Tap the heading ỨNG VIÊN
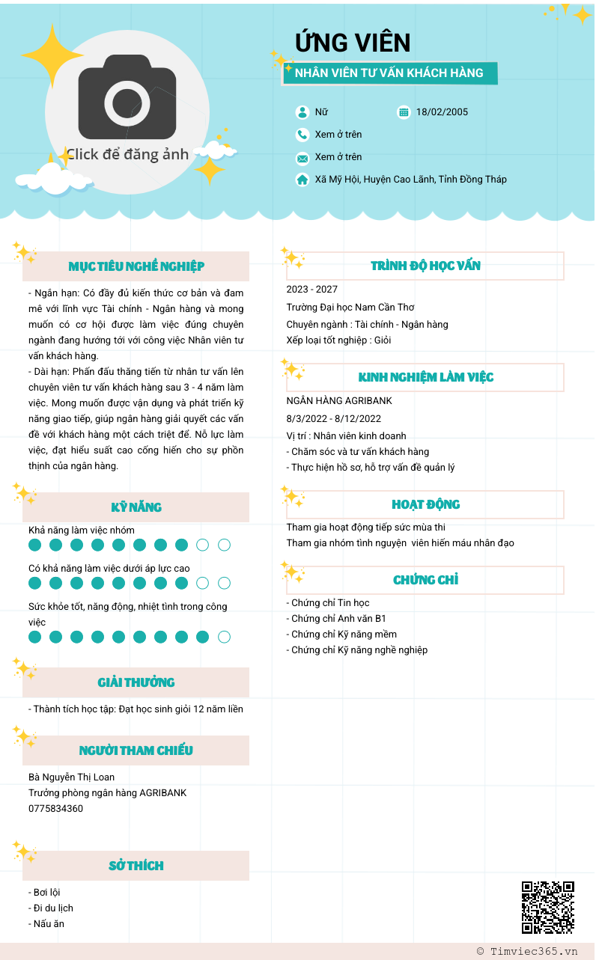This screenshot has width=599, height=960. [353, 43]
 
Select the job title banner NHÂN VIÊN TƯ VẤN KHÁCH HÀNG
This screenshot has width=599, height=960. [389, 73]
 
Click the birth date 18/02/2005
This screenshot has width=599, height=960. [442, 112]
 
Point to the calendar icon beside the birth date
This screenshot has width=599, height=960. [404, 112]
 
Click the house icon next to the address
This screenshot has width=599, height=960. [302, 180]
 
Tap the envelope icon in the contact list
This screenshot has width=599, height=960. [302, 158]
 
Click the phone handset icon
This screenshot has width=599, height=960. [302, 135]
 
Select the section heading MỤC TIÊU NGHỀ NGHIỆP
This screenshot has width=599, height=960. [136, 266]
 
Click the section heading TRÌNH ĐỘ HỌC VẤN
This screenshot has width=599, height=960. [425, 266]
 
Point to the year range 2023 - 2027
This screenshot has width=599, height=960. [311, 290]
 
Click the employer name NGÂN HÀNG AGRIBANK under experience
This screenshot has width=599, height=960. [339, 401]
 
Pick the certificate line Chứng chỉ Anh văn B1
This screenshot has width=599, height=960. [338, 619]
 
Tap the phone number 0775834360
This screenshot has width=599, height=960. [56, 809]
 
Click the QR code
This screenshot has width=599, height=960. [548, 907]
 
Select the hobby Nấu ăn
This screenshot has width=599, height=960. [49, 924]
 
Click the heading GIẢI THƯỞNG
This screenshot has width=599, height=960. [136, 682]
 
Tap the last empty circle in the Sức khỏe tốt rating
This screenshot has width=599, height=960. [224, 638]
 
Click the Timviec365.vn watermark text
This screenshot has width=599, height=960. [527, 952]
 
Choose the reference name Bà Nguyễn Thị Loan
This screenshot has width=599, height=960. [72, 777]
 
